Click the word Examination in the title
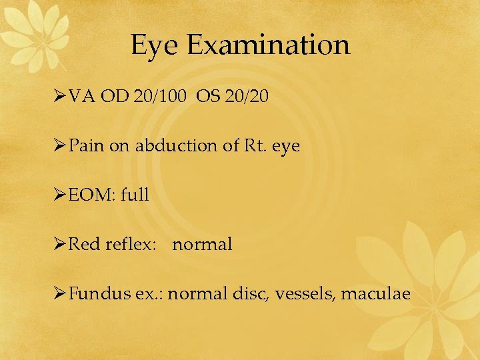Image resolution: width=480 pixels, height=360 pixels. click(268, 45)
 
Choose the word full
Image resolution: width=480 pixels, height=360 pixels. click(135, 195)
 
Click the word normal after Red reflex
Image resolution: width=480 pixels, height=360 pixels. click(202, 245)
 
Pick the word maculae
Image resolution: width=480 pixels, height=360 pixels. click(375, 293)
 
